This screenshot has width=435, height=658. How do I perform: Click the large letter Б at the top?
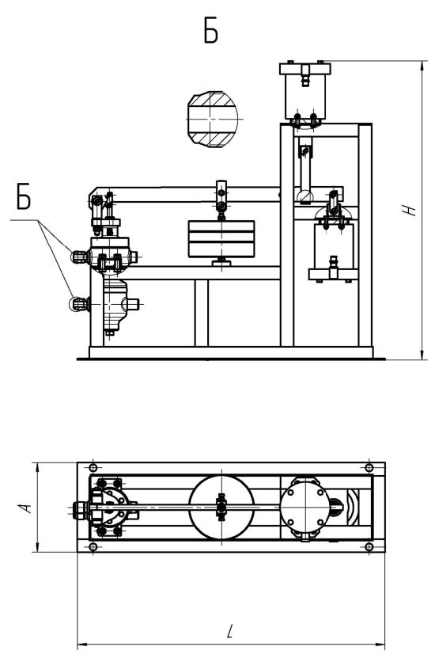(x=211, y=31)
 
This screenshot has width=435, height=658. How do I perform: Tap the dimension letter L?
(x=229, y=631)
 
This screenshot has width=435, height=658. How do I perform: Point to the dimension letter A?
(x=26, y=508)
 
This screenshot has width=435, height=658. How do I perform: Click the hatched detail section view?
(x=213, y=120)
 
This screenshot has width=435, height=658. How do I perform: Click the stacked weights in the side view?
(x=221, y=238)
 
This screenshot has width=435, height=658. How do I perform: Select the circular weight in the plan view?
(x=221, y=508)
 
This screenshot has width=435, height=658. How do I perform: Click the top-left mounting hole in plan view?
(x=93, y=467)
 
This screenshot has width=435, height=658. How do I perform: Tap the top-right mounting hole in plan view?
(x=369, y=467)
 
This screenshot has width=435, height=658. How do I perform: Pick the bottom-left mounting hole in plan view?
(x=93, y=547)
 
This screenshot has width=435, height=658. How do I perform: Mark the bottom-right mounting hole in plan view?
(x=369, y=547)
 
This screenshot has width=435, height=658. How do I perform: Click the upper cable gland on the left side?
(x=79, y=257)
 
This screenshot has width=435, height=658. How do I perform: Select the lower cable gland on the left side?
(x=78, y=304)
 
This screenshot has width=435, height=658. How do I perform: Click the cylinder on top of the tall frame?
(x=305, y=92)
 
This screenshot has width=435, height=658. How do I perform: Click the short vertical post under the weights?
(x=201, y=313)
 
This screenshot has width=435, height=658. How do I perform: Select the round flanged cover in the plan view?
(x=305, y=508)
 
